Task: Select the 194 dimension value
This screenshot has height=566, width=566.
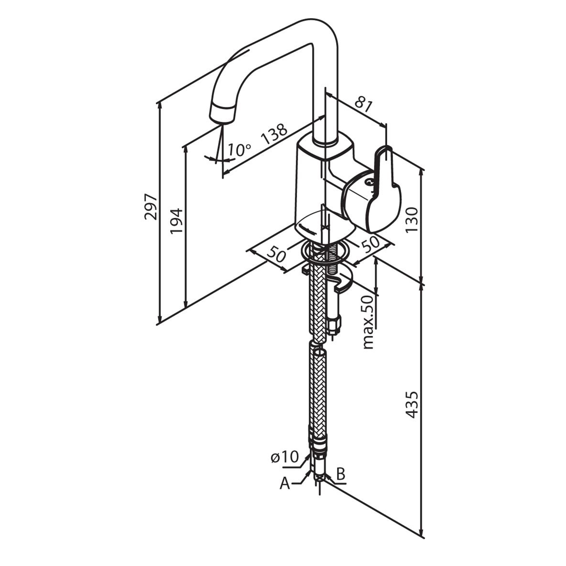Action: point(176,220)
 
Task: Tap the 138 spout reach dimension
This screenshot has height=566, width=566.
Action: point(274,134)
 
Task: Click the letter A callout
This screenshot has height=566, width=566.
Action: point(285,483)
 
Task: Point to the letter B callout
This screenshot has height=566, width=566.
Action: point(340,474)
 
